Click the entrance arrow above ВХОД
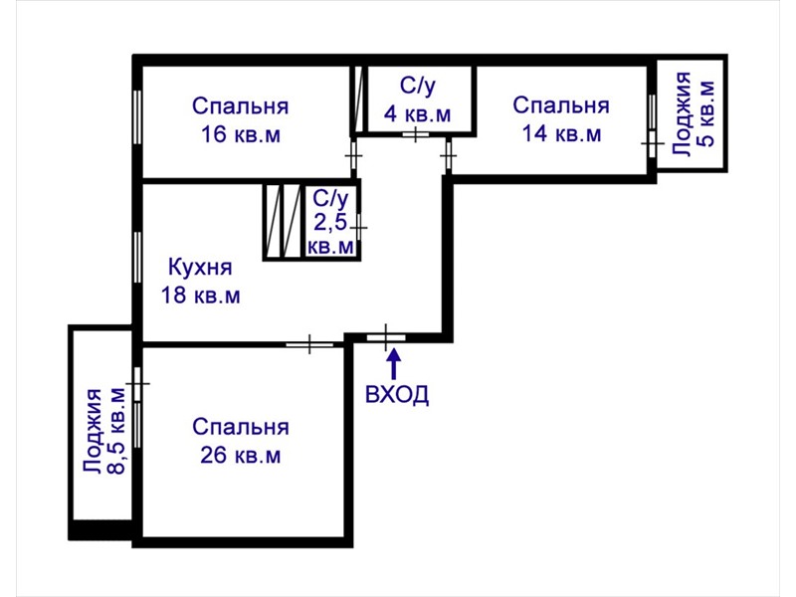pyautogui.click(x=394, y=364)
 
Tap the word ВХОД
pyautogui.click(x=397, y=394)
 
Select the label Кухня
pyautogui.click(x=200, y=268)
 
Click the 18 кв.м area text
pyautogui.click(x=201, y=295)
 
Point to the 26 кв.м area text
pyautogui.click(x=240, y=455)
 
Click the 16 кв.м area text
pyautogui.click(x=241, y=135)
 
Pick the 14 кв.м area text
pyautogui.click(x=561, y=133)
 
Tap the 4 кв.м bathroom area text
pyautogui.click(x=417, y=113)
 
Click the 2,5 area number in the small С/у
pyautogui.click(x=330, y=222)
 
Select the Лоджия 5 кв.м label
pyautogui.click(x=694, y=114)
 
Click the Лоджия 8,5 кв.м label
pyautogui.click(x=104, y=432)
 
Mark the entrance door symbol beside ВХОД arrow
pyautogui.click(x=386, y=337)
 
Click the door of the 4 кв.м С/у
pyautogui.click(x=416, y=134)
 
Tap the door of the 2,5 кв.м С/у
pyautogui.click(x=358, y=228)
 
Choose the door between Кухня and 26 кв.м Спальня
pyautogui.click(x=309, y=344)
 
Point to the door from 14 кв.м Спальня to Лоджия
pyautogui.click(x=653, y=143)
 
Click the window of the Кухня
pyautogui.click(x=137, y=257)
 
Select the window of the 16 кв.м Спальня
pyautogui.click(x=137, y=117)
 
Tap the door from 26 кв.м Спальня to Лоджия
pyautogui.click(x=137, y=383)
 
